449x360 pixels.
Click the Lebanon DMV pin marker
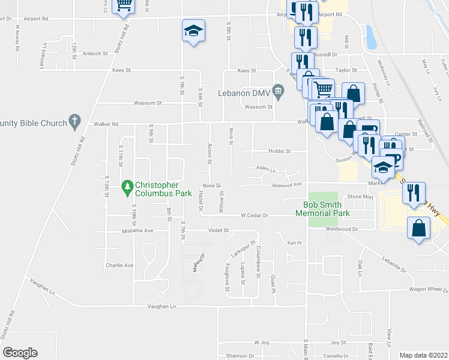278,92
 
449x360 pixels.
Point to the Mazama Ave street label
138,230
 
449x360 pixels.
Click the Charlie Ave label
119,265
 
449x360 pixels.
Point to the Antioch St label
95,53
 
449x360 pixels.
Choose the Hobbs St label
279,151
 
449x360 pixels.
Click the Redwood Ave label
286,185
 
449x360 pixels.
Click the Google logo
20,353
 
